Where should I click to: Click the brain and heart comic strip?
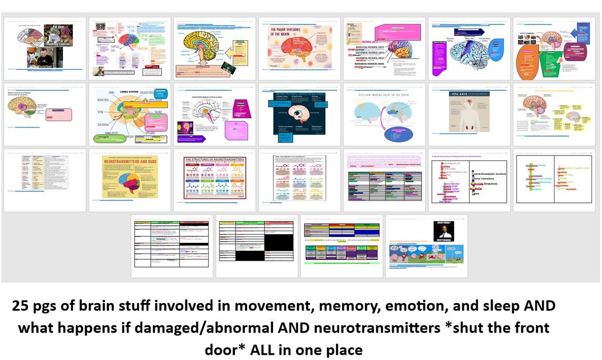[426, 257]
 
